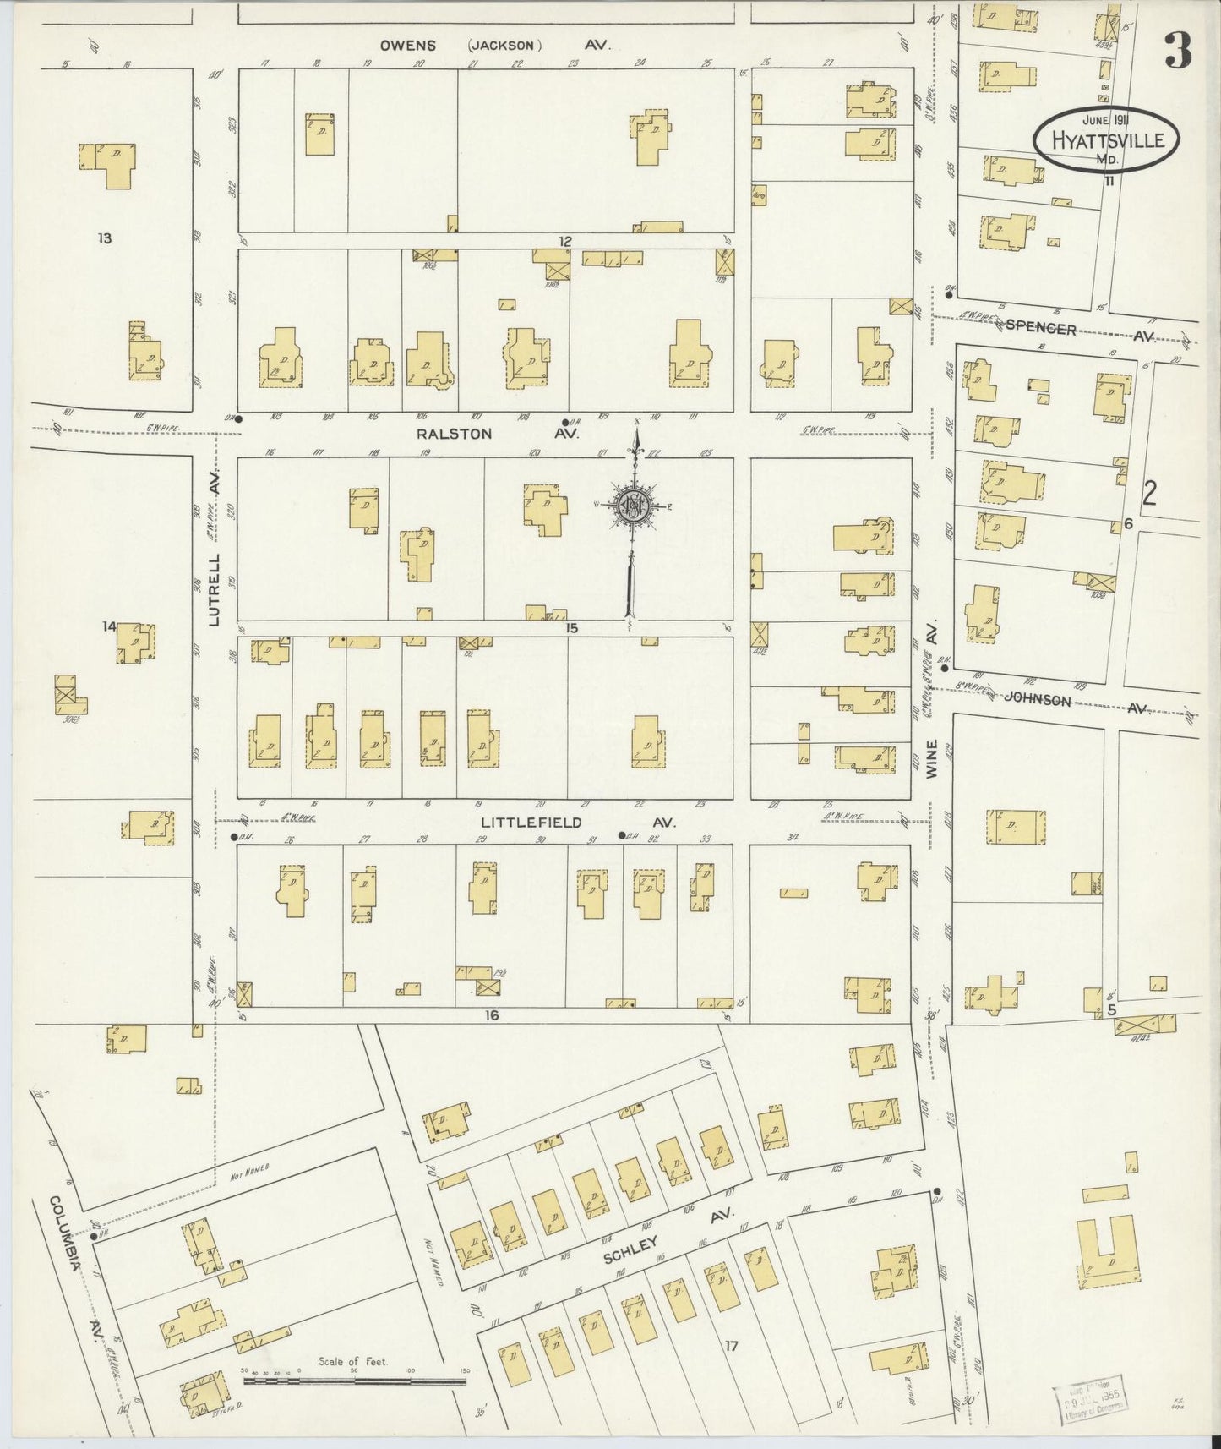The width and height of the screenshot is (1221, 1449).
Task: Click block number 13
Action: [x=104, y=238]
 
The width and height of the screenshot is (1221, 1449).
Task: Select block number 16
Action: [x=492, y=1015]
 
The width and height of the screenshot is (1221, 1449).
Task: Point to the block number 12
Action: [x=564, y=242]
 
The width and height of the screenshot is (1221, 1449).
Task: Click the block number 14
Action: [x=108, y=626]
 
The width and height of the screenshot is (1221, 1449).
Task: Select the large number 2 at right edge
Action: [x=1149, y=493]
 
